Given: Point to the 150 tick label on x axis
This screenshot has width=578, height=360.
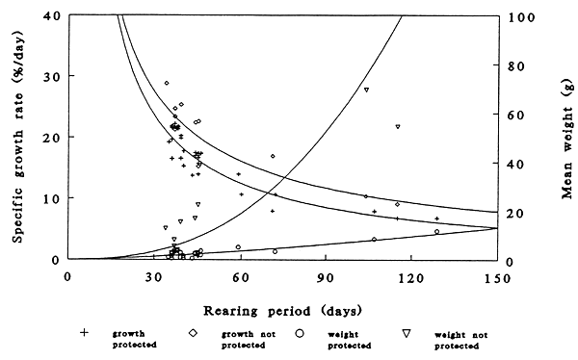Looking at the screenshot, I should click(x=496, y=276).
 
